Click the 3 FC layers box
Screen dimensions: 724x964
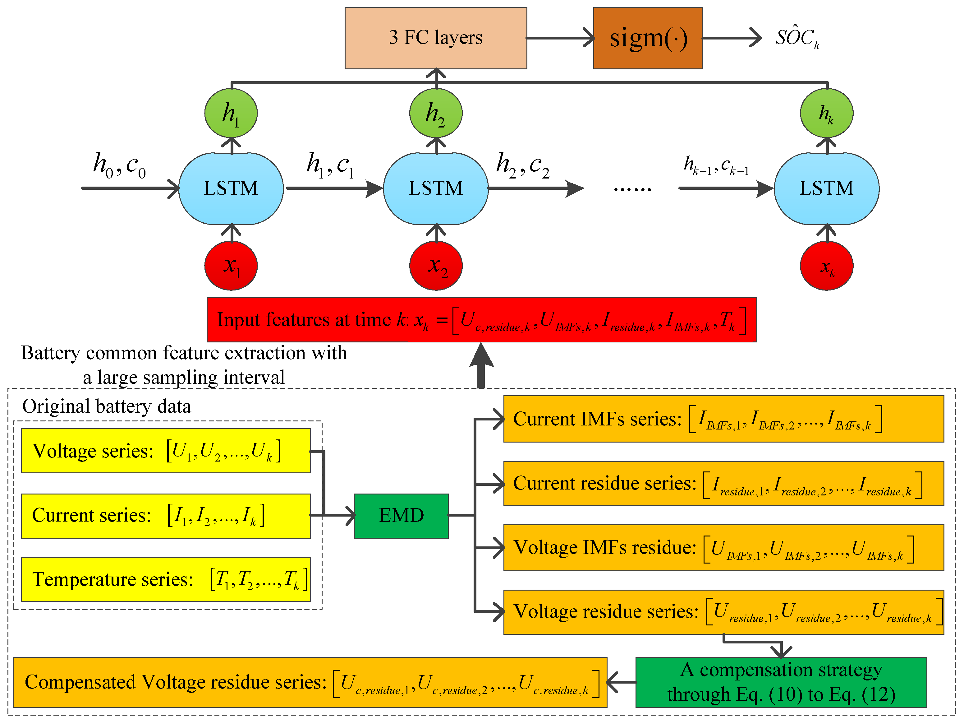(435, 38)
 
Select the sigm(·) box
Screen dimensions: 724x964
(648, 38)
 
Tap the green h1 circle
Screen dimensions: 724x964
(231, 113)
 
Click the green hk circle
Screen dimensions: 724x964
(826, 113)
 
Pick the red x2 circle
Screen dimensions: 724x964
(436, 266)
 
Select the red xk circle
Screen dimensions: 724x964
(826, 266)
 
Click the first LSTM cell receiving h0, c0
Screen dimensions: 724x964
(231, 188)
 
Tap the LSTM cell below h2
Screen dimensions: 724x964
(436, 188)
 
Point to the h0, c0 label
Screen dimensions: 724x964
(119, 165)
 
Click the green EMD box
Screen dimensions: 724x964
(401, 516)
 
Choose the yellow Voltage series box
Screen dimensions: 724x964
(166, 451)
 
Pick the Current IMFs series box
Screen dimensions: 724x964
(723, 419)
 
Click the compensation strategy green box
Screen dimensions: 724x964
(781, 682)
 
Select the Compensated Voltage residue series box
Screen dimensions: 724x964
(310, 682)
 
